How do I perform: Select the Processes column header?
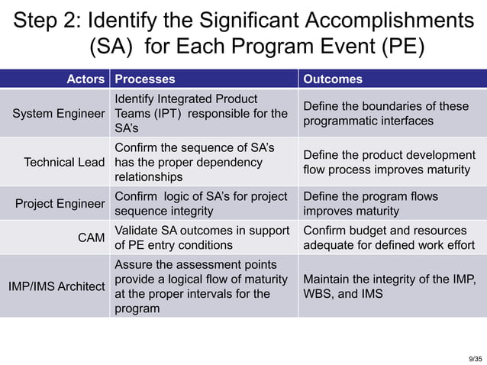pyautogui.click(x=144, y=79)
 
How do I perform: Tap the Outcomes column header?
pyautogui.click(x=333, y=79)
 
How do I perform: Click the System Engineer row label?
pyautogui.click(x=59, y=114)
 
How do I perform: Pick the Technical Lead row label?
pyautogui.click(x=64, y=162)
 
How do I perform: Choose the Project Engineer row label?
pyautogui.click(x=60, y=203)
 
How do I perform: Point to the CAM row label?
pyautogui.click(x=92, y=237)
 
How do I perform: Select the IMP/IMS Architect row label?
pyautogui.click(x=56, y=286)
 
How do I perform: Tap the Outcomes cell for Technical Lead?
pyautogui.click(x=389, y=162)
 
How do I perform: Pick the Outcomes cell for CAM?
pyautogui.click(x=389, y=237)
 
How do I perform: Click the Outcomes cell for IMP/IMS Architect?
pyautogui.click(x=389, y=286)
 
